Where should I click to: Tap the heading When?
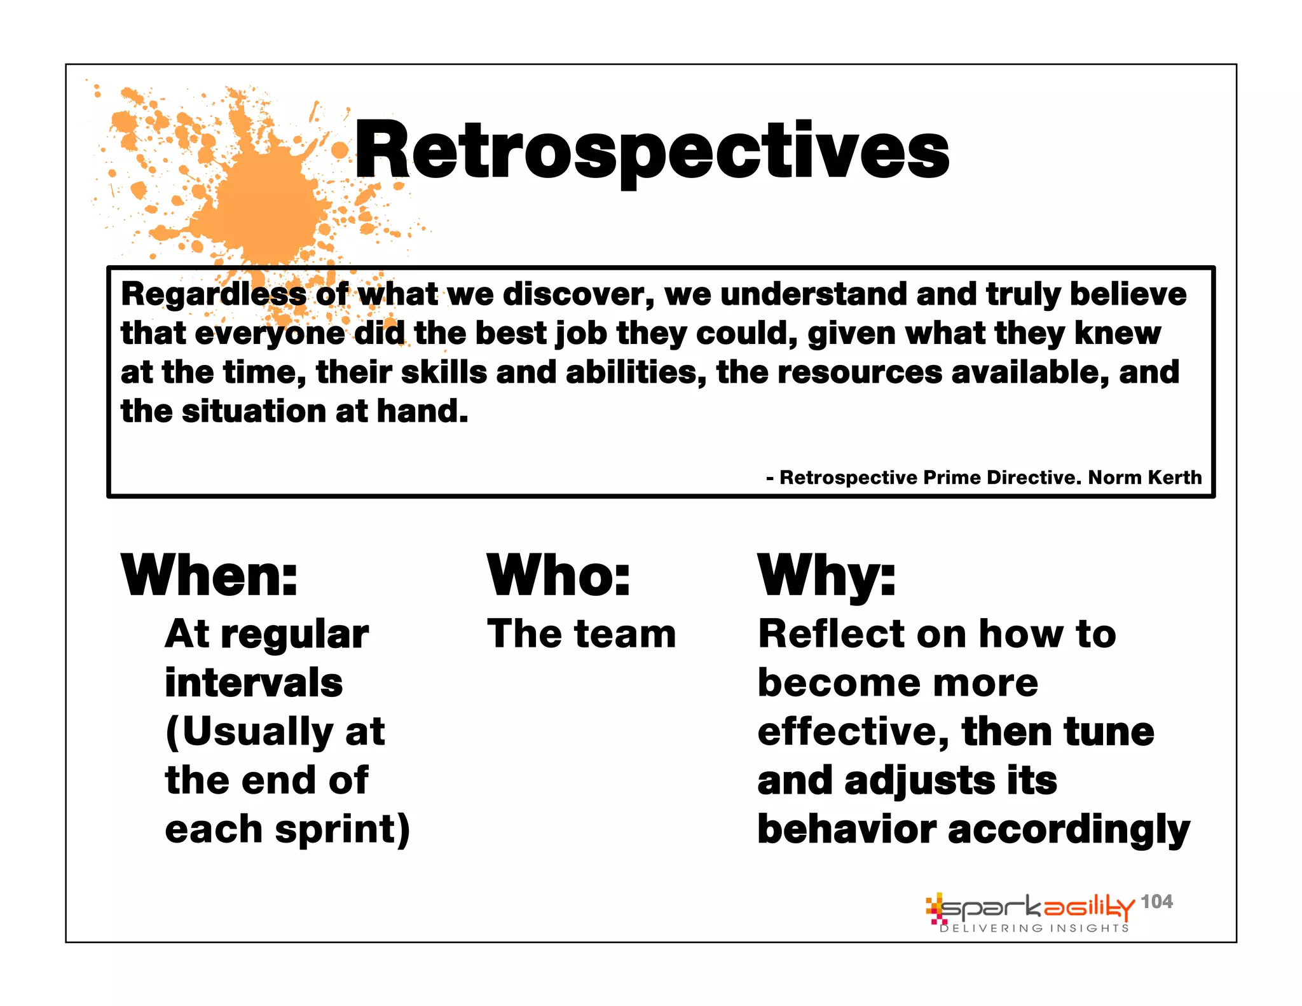pyautogui.click(x=209, y=575)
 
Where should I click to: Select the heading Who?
pyautogui.click(x=558, y=575)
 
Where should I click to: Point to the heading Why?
pyautogui.click(x=826, y=575)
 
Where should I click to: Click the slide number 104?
pyautogui.click(x=1156, y=901)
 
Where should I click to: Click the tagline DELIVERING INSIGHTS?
pyautogui.click(x=1034, y=928)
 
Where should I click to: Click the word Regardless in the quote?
pyautogui.click(x=214, y=294)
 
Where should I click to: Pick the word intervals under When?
pyautogui.click(x=254, y=683)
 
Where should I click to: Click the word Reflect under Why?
pyautogui.click(x=832, y=634)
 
